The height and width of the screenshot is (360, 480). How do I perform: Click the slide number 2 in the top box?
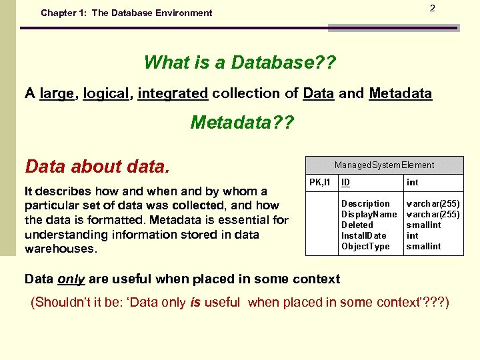(432, 9)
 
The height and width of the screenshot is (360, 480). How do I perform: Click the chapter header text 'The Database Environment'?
(152, 13)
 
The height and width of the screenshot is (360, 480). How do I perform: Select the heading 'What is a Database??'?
(240, 63)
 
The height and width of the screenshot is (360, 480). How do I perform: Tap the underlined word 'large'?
(57, 94)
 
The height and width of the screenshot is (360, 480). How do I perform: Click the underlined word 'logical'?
(107, 94)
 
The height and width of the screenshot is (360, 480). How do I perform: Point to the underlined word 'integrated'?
(173, 94)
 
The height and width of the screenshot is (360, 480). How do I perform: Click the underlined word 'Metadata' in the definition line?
(400, 94)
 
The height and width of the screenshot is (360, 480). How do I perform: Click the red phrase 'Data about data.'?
(97, 166)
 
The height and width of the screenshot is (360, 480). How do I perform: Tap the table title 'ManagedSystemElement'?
(384, 165)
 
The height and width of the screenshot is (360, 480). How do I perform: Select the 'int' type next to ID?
(413, 183)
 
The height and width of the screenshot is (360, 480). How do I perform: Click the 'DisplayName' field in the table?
(369, 214)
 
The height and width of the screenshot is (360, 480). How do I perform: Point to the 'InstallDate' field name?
(363, 235)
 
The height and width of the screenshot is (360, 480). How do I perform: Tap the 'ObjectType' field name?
(365, 246)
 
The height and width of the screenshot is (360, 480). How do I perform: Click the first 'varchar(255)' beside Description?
(433, 203)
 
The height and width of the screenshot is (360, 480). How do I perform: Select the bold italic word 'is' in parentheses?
(195, 303)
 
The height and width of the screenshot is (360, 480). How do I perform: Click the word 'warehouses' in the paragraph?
(59, 249)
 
